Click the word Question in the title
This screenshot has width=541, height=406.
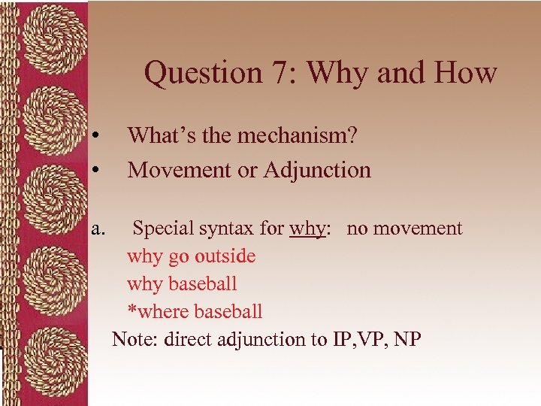(196, 74)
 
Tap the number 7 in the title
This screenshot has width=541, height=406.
(277, 74)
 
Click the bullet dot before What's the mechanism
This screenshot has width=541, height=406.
(97, 136)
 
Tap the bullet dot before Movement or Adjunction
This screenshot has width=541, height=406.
(97, 171)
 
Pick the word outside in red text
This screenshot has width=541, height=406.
(225, 256)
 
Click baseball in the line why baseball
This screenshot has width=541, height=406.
(203, 284)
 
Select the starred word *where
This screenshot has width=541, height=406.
(158, 311)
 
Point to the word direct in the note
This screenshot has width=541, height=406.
(188, 339)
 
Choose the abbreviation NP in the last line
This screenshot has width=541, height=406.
(407, 339)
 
